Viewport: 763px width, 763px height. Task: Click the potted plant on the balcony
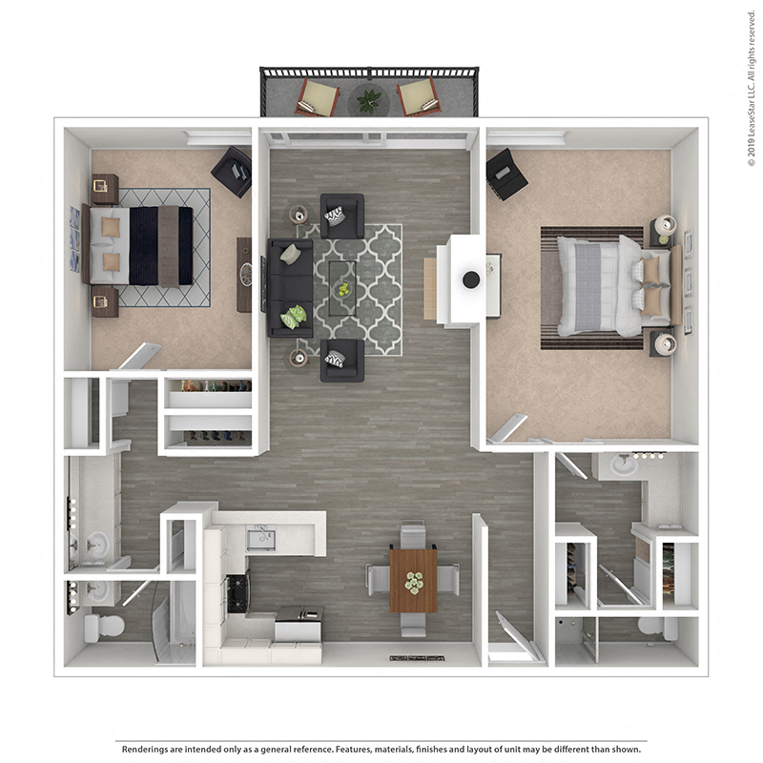tap(368, 98)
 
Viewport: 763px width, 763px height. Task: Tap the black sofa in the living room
tap(290, 287)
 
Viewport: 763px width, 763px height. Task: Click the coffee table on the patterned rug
tap(342, 287)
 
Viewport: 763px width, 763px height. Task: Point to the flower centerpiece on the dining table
tap(413, 582)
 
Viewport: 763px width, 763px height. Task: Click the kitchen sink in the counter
tap(260, 540)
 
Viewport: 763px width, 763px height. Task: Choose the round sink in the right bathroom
tap(623, 466)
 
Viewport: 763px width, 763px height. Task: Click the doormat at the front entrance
tap(417, 658)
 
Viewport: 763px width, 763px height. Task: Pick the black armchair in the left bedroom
tap(232, 171)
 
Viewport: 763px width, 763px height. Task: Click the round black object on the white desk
tap(471, 279)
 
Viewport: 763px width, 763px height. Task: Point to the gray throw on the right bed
tap(588, 286)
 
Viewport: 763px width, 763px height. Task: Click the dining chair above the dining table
tap(413, 534)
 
